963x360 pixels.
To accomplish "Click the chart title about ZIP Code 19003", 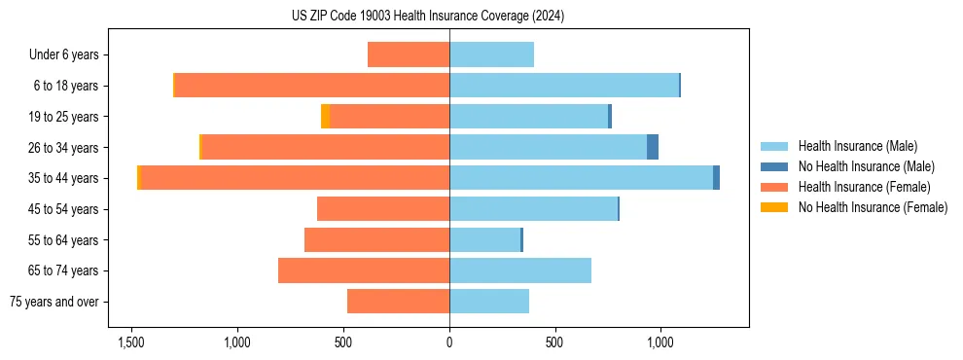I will [x=428, y=16].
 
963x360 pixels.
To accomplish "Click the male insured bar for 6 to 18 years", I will [x=563, y=86].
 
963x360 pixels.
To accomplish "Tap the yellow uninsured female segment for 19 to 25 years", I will [x=325, y=117].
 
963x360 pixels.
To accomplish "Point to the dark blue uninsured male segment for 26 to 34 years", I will [x=653, y=147].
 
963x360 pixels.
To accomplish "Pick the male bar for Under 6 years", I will [x=491, y=54].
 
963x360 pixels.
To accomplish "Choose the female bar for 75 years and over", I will [x=398, y=302].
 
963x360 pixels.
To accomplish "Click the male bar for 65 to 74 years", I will [x=520, y=270].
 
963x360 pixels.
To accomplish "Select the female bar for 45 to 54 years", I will [x=383, y=209].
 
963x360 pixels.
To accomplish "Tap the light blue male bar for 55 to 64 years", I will [x=484, y=239].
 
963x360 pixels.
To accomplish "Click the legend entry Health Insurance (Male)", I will [x=857, y=146].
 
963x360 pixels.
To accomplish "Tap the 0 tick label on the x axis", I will [x=449, y=343].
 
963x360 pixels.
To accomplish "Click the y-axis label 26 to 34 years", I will [x=64, y=147].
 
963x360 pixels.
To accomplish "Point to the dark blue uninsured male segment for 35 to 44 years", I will [x=716, y=178].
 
